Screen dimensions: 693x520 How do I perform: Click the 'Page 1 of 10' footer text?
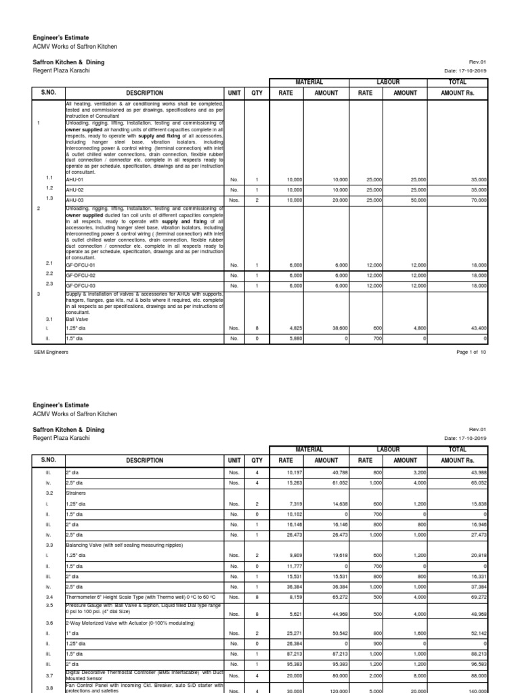pyautogui.click(x=468, y=353)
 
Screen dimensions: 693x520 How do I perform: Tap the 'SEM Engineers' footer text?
pyautogui.click(x=51, y=353)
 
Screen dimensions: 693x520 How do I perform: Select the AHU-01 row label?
pyautogui.click(x=74, y=179)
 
